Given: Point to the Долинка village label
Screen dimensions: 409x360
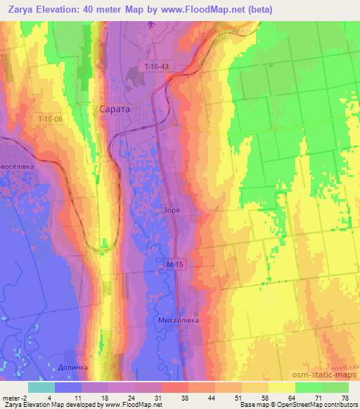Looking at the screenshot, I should click(72, 367).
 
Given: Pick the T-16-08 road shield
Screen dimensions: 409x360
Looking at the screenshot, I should click(51, 119).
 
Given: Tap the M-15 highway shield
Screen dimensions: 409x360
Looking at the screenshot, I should click(176, 264).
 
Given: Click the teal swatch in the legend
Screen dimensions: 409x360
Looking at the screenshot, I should click(41, 387).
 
